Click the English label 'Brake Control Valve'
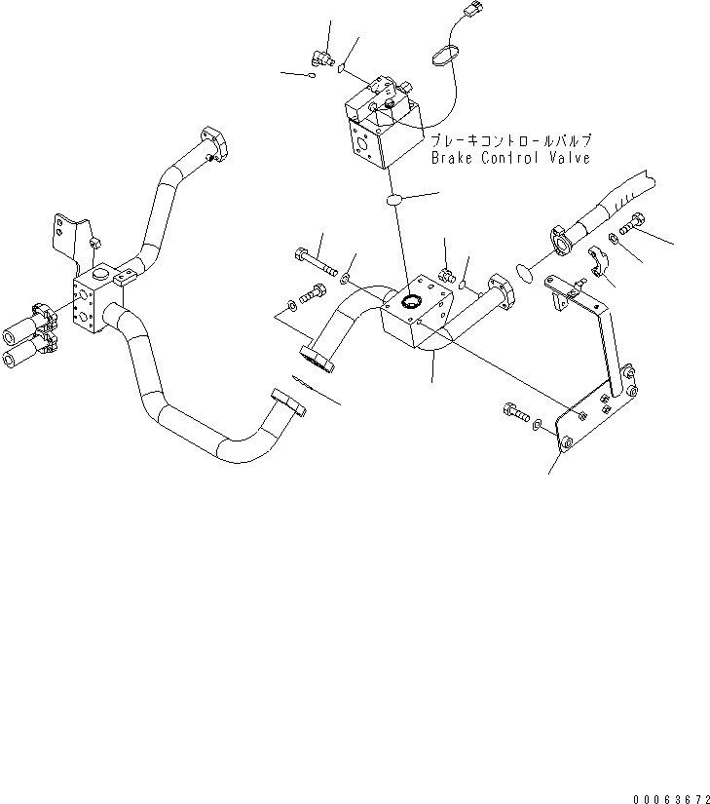point(510,157)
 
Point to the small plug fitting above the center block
point(446,276)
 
